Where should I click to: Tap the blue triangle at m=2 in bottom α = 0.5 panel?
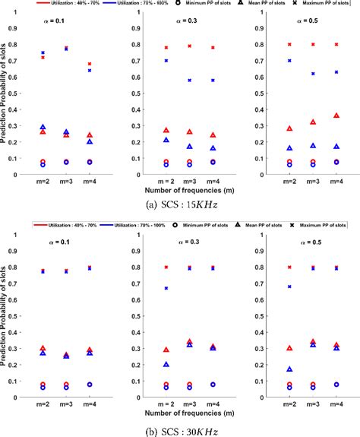pos(289,369)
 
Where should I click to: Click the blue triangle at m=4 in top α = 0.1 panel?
pos(90,141)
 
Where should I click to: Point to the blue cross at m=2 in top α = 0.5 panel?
pos(289,60)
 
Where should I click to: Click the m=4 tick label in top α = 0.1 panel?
pos(90,182)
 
